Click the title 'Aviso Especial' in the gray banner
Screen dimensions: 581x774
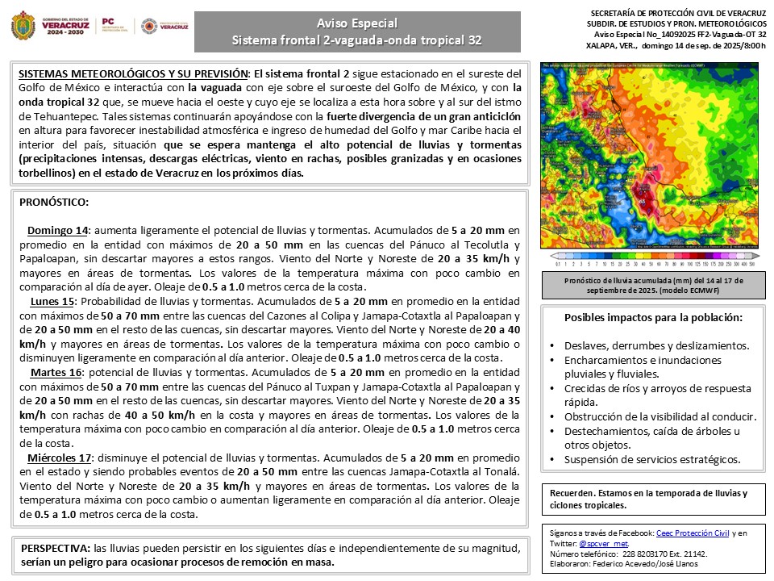[357, 23]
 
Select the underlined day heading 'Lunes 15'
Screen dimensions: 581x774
[52, 301]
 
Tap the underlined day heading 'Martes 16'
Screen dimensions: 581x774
[56, 373]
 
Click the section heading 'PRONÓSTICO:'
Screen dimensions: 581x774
[53, 202]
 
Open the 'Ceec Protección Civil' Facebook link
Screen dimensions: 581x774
[693, 533]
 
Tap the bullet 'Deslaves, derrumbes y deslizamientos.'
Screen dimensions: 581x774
[656, 345]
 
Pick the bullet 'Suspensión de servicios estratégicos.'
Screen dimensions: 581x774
[652, 459]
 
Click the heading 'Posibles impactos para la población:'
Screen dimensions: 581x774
[653, 318]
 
